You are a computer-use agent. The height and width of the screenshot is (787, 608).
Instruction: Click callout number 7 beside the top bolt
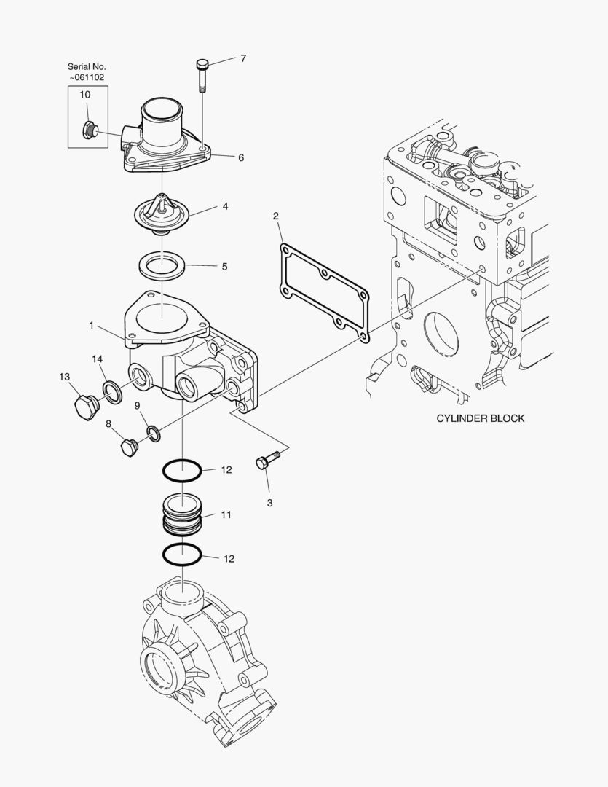244,58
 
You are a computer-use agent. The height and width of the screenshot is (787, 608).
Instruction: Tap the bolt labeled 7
202,74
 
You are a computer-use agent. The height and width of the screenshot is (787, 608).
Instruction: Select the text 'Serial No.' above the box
87,66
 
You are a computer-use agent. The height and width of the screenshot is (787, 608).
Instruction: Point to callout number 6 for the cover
240,157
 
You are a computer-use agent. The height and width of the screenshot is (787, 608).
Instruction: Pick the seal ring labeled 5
161,264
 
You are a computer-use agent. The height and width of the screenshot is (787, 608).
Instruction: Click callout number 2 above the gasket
276,216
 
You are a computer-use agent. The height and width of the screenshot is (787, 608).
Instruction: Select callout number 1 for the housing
92,325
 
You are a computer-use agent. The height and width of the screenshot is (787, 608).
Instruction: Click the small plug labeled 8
130,447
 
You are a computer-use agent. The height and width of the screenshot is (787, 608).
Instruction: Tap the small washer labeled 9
154,433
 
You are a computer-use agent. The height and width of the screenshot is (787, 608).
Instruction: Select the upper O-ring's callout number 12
226,470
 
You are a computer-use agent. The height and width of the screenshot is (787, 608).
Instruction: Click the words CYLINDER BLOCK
480,418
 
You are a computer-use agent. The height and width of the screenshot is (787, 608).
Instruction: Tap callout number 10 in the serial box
84,95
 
